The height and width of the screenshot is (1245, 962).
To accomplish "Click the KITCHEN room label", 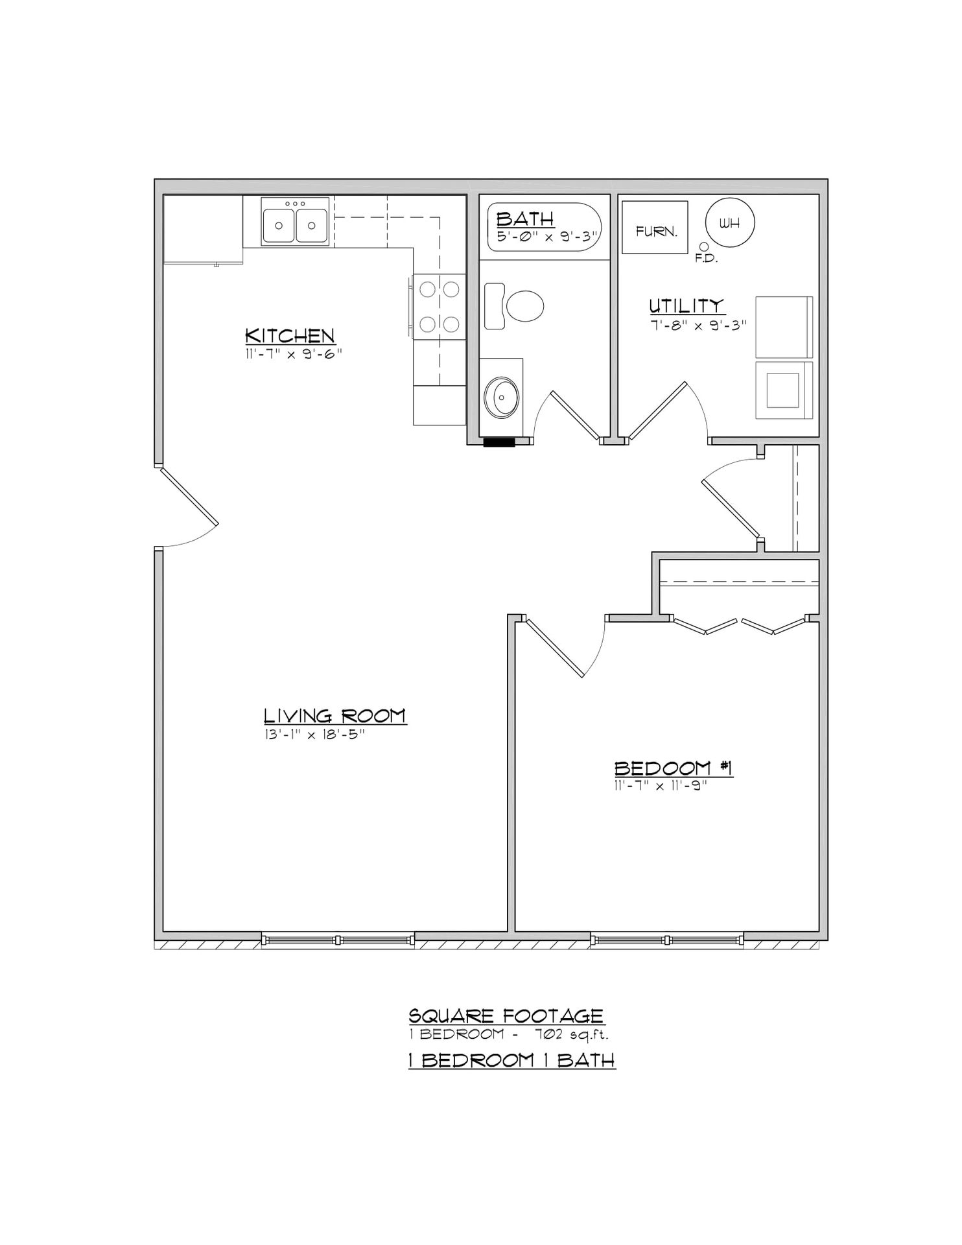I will point(290,336).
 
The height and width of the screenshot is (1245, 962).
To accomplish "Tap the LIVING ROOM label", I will point(334,716).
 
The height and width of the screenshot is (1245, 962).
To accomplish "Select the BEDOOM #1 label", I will point(673,768).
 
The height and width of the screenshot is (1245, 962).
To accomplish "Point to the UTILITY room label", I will point(686,305).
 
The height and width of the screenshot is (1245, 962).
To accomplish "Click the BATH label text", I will point(525,219).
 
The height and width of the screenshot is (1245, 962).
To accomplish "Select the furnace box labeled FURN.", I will point(655,227).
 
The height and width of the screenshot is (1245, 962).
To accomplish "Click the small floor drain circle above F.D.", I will point(703,246).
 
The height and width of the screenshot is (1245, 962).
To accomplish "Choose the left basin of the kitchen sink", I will point(278,225).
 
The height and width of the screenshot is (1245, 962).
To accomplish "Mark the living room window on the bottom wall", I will point(338,940).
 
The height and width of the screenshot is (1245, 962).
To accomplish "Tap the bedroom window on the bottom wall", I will point(667,940).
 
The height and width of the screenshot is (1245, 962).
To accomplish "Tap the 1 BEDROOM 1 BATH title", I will point(511,1060).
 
